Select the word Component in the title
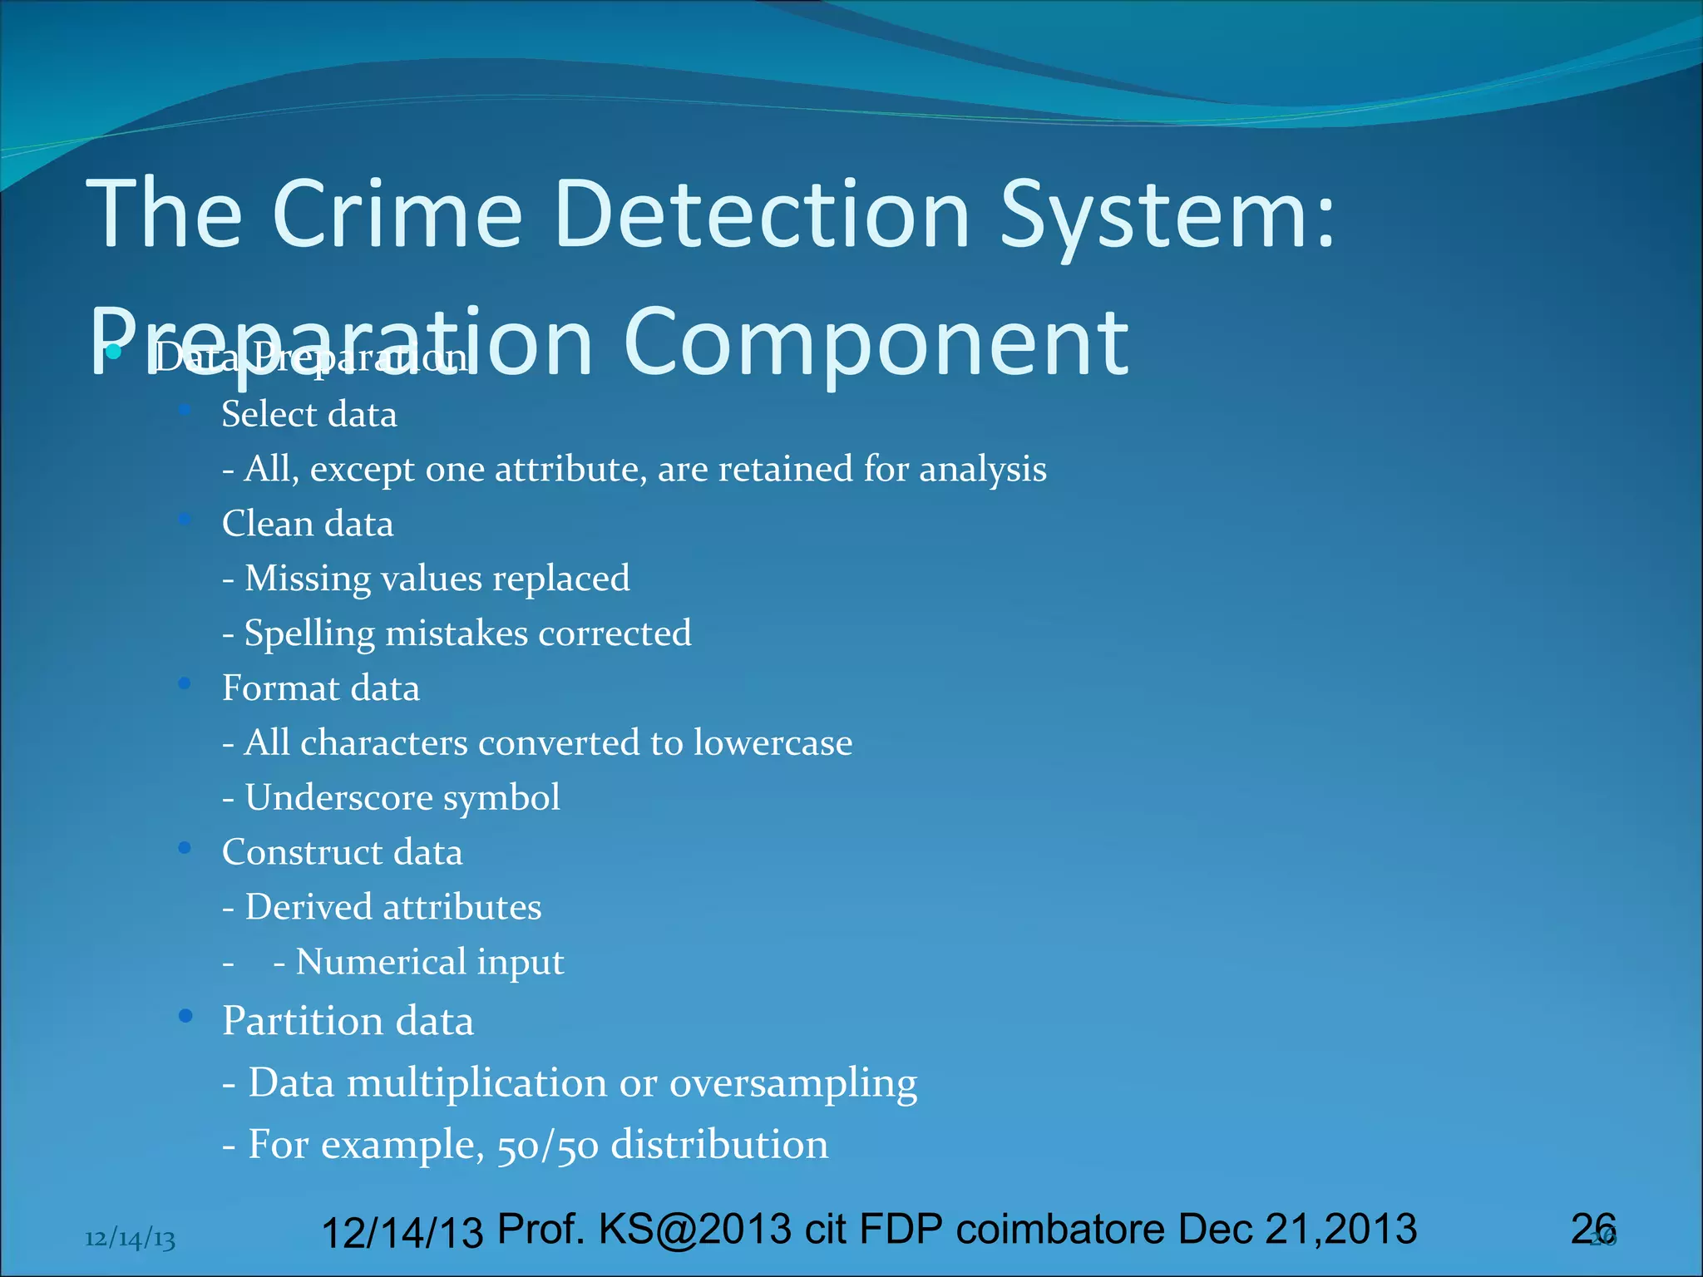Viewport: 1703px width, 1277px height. [876, 343]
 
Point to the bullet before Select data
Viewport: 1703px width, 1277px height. [185, 410]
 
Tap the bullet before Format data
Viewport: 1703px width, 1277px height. [185, 683]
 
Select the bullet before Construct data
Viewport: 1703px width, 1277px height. [185, 847]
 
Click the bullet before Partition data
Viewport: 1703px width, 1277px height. [185, 1015]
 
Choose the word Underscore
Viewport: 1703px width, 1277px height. [339, 797]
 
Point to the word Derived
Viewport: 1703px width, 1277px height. [309, 907]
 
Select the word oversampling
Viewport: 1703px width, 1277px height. [793, 1083]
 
